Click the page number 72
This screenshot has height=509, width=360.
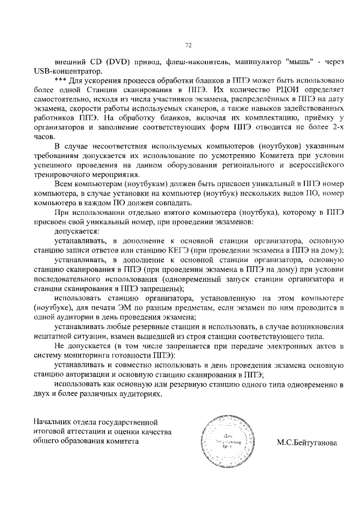click(188, 46)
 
